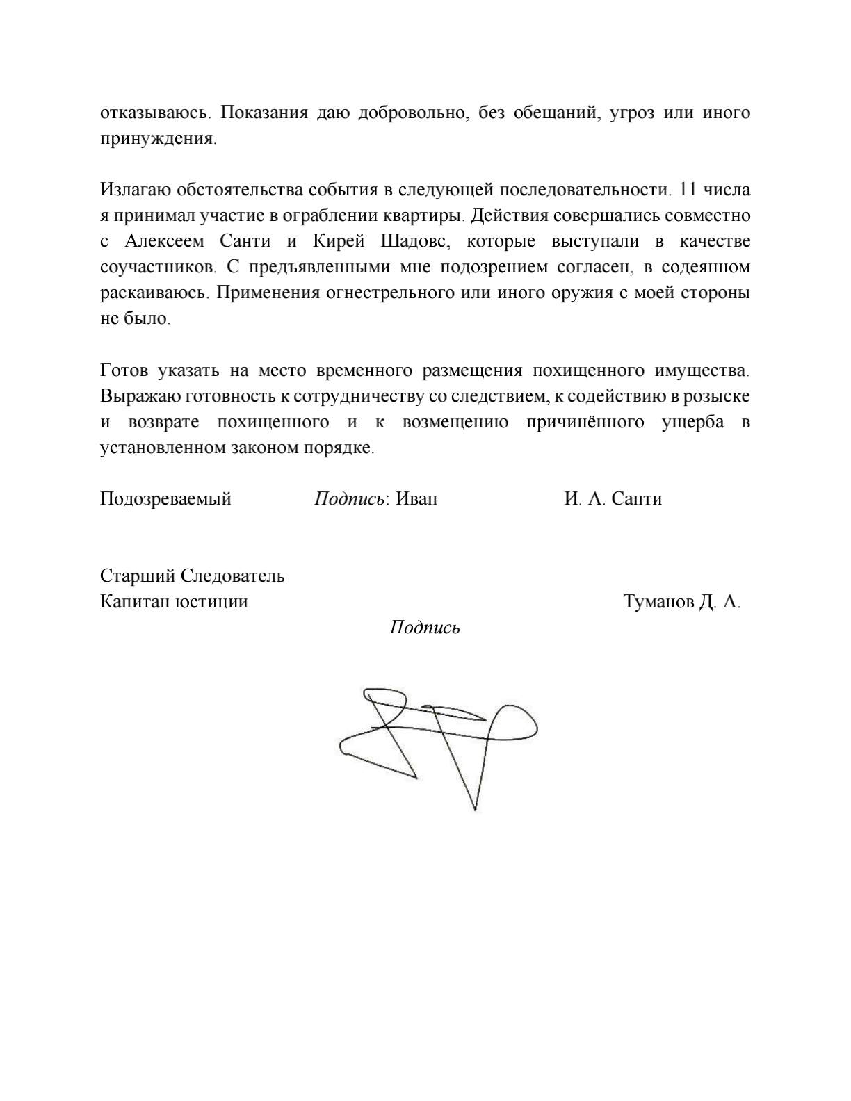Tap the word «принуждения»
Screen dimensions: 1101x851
click(x=158, y=138)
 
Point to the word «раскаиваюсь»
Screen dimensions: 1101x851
click(x=154, y=293)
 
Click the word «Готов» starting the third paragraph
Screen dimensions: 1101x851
click(x=123, y=370)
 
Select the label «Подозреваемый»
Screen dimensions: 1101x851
click(x=165, y=499)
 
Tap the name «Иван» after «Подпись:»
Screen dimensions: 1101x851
click(x=416, y=499)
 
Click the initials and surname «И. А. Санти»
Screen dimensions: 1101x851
click(x=613, y=499)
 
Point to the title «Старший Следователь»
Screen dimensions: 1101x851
click(x=193, y=576)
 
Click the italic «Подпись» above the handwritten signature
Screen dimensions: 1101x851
click(x=425, y=628)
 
